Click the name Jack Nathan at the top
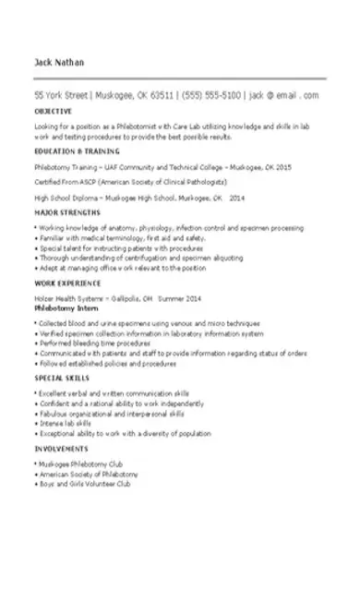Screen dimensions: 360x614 [58, 63]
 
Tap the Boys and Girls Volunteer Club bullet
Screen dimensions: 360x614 [87, 483]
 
